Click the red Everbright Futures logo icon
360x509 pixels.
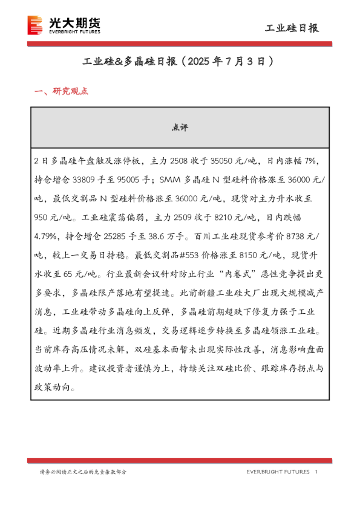(x=36, y=25)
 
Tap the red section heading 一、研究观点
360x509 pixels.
(x=62, y=92)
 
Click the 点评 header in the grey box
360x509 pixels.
(x=180, y=128)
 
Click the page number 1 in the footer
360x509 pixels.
(x=317, y=472)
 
